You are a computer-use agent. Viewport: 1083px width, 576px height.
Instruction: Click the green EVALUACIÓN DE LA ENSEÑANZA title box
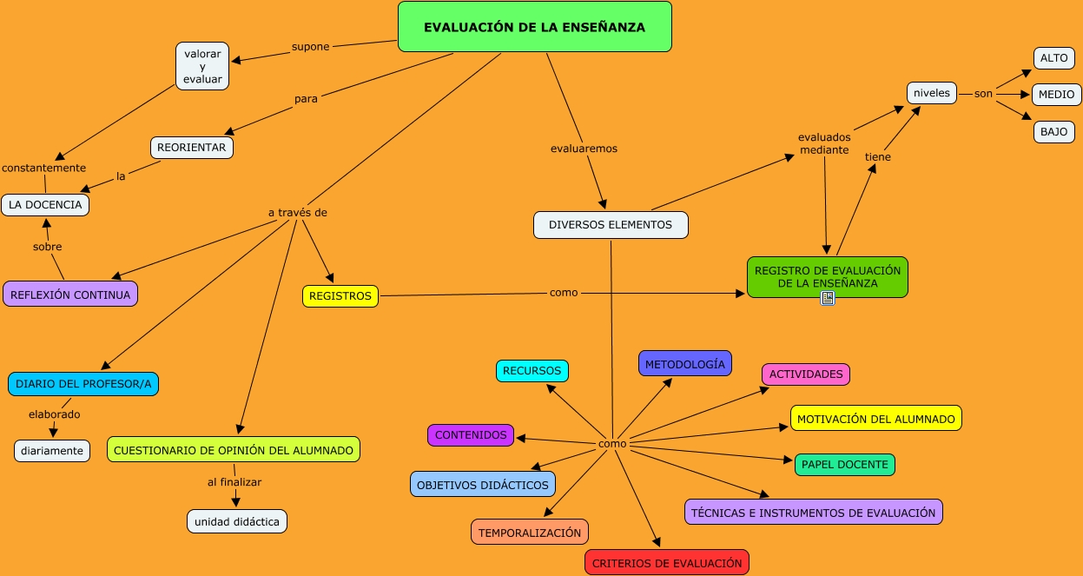[534, 27]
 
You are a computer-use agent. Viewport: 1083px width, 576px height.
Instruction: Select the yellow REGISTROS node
[340, 296]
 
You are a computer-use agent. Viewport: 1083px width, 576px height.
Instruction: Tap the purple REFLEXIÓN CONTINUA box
[70, 295]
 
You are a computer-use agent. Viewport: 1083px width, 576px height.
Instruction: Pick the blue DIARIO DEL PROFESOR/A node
[83, 383]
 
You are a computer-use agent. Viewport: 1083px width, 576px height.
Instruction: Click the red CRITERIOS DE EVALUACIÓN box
[667, 563]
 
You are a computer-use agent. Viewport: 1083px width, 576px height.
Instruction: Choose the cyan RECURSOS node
[532, 371]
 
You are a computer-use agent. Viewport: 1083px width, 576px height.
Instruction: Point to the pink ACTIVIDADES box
[806, 374]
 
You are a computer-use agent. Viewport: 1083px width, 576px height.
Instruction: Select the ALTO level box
[1053, 58]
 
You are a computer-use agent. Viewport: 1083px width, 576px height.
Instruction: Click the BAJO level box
[1053, 132]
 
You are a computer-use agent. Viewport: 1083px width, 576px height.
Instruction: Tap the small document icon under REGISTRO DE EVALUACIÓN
[828, 298]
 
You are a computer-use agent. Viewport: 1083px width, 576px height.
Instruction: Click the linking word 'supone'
[310, 47]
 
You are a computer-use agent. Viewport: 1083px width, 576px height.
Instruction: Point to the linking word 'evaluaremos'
[584, 149]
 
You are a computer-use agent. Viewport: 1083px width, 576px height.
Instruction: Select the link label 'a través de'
[297, 213]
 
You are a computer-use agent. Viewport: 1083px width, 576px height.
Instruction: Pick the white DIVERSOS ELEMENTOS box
[611, 225]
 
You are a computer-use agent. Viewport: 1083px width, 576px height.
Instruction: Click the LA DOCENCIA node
[45, 205]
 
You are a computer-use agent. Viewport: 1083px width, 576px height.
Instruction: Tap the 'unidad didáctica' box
[237, 521]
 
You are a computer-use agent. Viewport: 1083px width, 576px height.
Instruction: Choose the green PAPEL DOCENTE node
[844, 465]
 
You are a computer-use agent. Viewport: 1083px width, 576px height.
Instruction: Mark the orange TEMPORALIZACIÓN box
[530, 533]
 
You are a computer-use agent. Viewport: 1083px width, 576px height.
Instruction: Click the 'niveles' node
[932, 93]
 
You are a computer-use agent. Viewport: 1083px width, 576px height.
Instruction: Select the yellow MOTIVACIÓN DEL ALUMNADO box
[875, 419]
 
